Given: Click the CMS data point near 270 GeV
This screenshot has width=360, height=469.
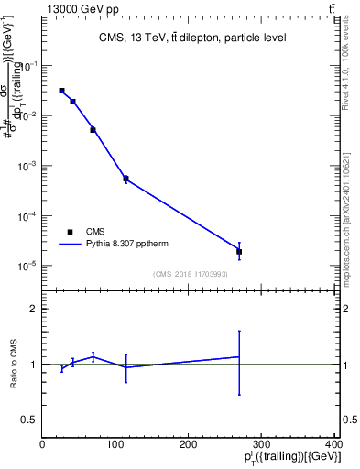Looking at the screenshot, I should pyautogui.click(x=239, y=251).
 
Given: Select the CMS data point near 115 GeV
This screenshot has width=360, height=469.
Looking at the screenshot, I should pyautogui.click(x=125, y=179).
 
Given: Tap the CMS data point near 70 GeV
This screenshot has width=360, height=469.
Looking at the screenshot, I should pyautogui.click(x=93, y=130).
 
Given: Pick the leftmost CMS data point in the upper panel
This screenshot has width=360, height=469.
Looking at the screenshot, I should pyautogui.click(x=61, y=91).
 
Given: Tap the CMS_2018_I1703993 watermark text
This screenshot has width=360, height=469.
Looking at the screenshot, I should pyautogui.click(x=191, y=272).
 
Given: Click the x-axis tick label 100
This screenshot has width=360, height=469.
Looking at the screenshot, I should pyautogui.click(x=115, y=443).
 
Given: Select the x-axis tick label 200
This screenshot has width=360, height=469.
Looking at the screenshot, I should pyautogui.click(x=189, y=443).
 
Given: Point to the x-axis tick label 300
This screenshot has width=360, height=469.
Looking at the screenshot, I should pyautogui.click(x=262, y=443).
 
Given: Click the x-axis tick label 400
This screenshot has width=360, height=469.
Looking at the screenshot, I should pyautogui.click(x=333, y=443).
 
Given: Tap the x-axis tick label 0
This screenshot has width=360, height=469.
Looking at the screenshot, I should pyautogui.click(x=43, y=443).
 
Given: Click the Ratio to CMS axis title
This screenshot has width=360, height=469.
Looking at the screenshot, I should pyautogui.click(x=14, y=364).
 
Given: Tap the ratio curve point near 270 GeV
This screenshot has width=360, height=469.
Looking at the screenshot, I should pyautogui.click(x=239, y=357).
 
